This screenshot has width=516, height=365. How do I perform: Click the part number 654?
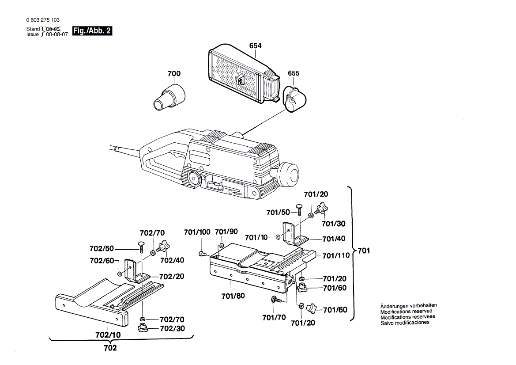click(x=255, y=46)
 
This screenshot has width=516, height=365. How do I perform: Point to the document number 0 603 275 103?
click(x=43, y=20)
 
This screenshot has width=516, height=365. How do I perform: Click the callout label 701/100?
click(x=197, y=232)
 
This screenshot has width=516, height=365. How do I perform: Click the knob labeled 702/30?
click(x=142, y=328)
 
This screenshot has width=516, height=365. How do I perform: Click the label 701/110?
click(x=335, y=255)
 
